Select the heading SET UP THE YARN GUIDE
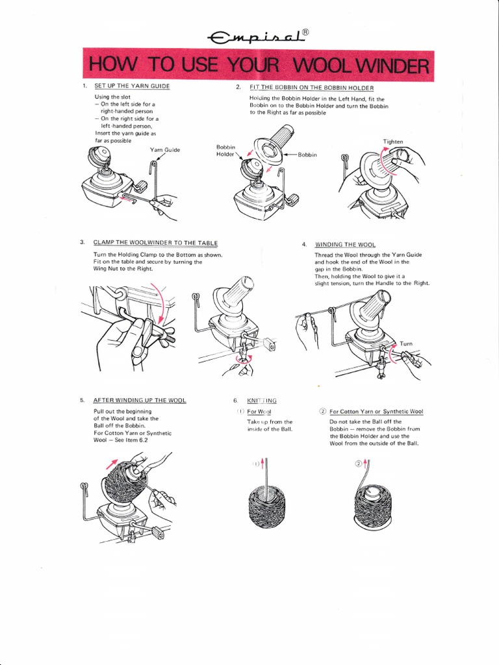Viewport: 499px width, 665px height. tap(132, 86)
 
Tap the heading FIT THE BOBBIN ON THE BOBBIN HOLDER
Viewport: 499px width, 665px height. tap(311, 87)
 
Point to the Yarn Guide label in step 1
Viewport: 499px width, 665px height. tap(164, 150)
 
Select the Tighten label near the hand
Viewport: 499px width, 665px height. tap(394, 141)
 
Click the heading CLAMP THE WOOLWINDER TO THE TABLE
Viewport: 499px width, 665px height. tap(151, 243)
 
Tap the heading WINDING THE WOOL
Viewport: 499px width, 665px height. tap(345, 244)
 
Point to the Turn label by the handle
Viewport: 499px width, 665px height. tap(405, 344)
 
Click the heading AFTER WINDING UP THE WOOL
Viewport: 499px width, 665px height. tap(140, 400)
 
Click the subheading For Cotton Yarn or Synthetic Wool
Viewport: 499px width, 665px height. tap(376, 412)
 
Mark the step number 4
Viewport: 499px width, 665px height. tap(303, 244)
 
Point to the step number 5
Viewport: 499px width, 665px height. tap(82, 400)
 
